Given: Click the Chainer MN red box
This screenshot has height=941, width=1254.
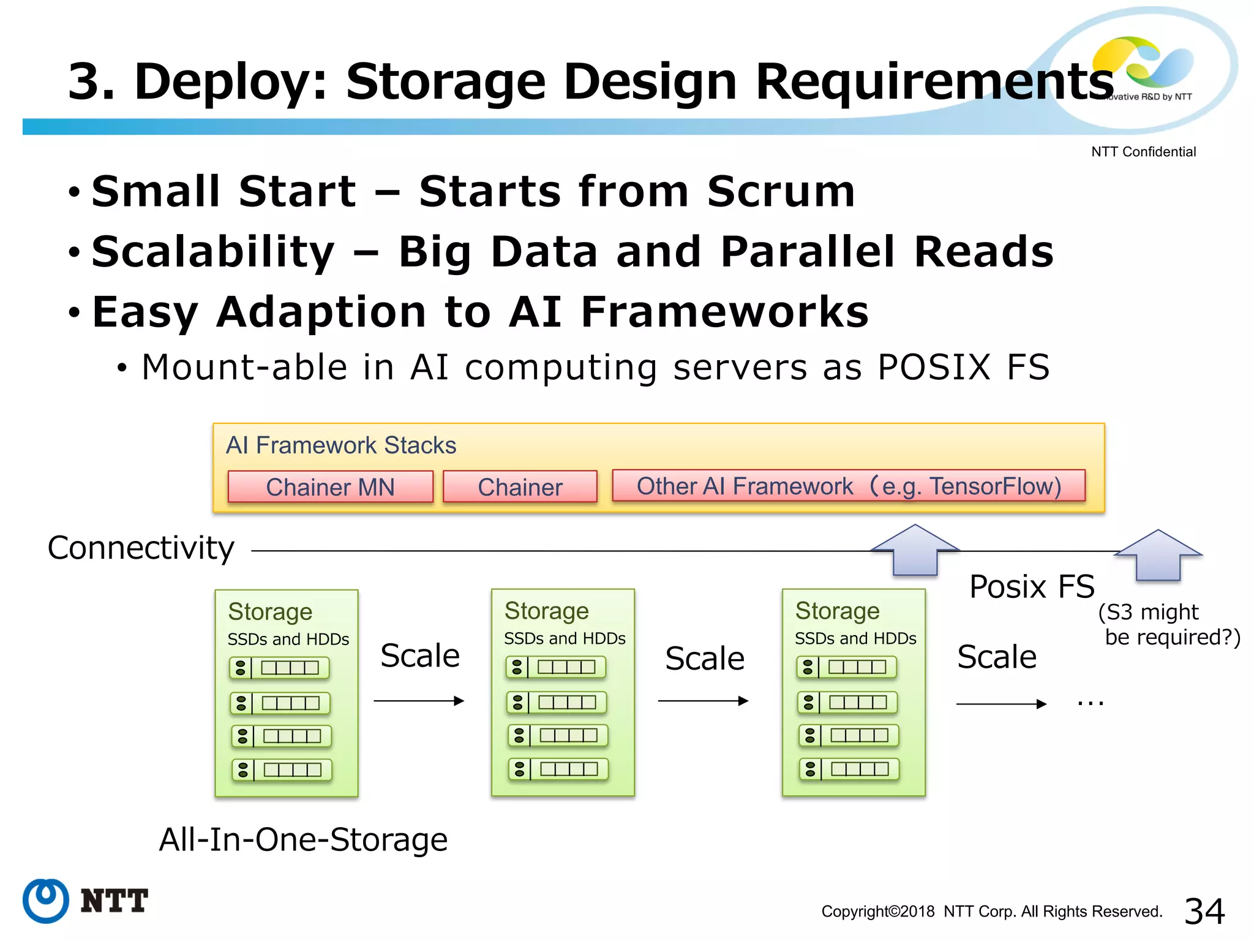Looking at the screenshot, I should tap(330, 487).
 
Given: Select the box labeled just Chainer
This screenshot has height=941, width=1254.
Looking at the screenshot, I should tap(520, 487).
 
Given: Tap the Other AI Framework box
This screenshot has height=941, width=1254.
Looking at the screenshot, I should tap(849, 486).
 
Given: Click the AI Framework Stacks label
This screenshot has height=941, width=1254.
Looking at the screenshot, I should tap(341, 445).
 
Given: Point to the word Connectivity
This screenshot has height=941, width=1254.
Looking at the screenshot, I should tap(141, 548).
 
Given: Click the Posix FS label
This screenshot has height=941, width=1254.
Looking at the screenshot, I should tap(1032, 587).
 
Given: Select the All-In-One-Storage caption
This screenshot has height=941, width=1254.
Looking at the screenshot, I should tap(303, 839).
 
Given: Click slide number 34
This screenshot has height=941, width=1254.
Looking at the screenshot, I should tap(1204, 911).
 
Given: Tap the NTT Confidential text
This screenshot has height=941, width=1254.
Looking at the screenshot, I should tap(1143, 152).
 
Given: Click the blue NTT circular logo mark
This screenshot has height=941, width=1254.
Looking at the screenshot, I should tap(45, 901).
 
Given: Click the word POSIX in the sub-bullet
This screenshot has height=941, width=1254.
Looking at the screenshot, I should tap(933, 368).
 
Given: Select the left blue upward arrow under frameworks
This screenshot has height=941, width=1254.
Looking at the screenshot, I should tap(915, 550).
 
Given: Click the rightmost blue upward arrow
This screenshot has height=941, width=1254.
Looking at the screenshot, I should tap(1158, 555).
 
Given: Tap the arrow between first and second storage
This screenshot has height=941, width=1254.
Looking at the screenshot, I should tap(419, 701).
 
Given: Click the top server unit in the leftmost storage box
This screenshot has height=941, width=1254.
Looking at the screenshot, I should tap(280, 668).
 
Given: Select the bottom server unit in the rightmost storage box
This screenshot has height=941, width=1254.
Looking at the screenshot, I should tap(849, 769).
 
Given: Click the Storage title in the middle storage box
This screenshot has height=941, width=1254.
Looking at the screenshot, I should tap(546, 611).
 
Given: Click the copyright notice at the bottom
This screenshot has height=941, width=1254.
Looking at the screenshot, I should tap(991, 912).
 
